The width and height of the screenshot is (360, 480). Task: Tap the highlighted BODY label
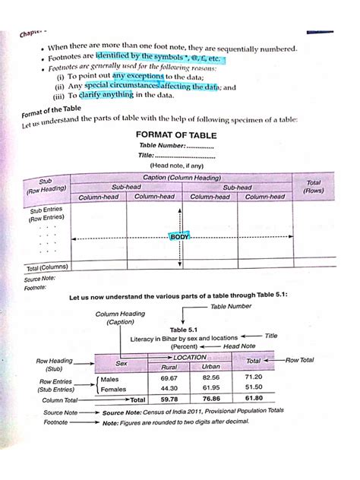(180, 237)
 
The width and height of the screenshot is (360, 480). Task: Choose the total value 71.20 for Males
(253, 377)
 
